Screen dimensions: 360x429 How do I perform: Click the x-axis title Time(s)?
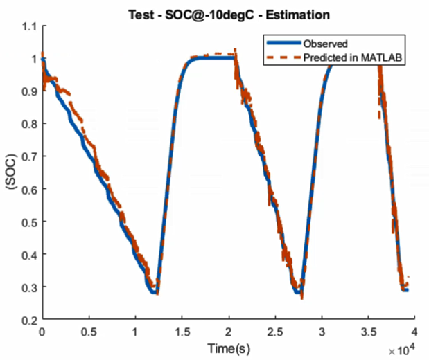[x=228, y=349]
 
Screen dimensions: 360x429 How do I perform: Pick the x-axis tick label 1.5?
[x=182, y=332]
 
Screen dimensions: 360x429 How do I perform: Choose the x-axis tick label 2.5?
[x=275, y=332]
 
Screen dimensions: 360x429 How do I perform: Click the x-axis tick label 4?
[x=414, y=332]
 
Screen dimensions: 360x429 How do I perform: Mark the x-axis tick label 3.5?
[x=368, y=332]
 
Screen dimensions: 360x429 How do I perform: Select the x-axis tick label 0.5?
[x=89, y=332]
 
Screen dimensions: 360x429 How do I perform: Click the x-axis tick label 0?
[x=42, y=332]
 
